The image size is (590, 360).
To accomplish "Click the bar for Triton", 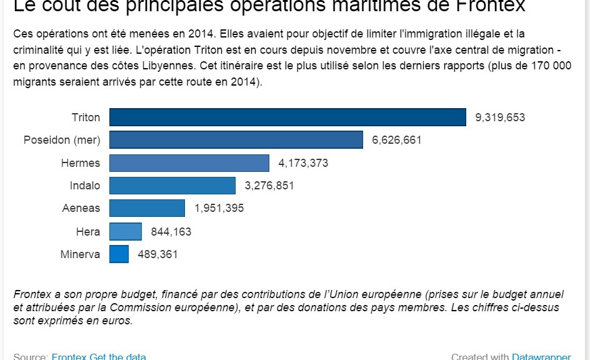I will (x=287, y=117).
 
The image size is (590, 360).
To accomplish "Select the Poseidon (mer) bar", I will (x=236, y=140).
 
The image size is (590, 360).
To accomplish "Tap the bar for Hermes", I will (x=189, y=163).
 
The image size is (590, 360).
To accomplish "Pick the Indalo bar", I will (x=172, y=186).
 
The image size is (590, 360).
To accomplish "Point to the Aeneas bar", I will (x=147, y=208).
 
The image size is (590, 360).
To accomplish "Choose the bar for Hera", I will (x=126, y=232).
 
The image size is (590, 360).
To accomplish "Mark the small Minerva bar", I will (x=119, y=254).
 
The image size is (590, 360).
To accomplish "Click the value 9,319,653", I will (x=500, y=117).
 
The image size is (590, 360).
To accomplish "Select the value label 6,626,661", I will (x=397, y=140).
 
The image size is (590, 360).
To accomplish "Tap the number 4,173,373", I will (x=303, y=163).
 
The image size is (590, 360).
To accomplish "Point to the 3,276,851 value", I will (x=269, y=186).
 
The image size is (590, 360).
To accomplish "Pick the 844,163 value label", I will (x=171, y=232).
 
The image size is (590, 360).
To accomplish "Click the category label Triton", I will (x=86, y=117).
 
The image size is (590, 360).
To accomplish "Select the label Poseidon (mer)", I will (x=62, y=140).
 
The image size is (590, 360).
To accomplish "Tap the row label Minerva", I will (x=80, y=254).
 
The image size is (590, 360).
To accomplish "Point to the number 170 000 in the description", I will (x=550, y=66).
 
